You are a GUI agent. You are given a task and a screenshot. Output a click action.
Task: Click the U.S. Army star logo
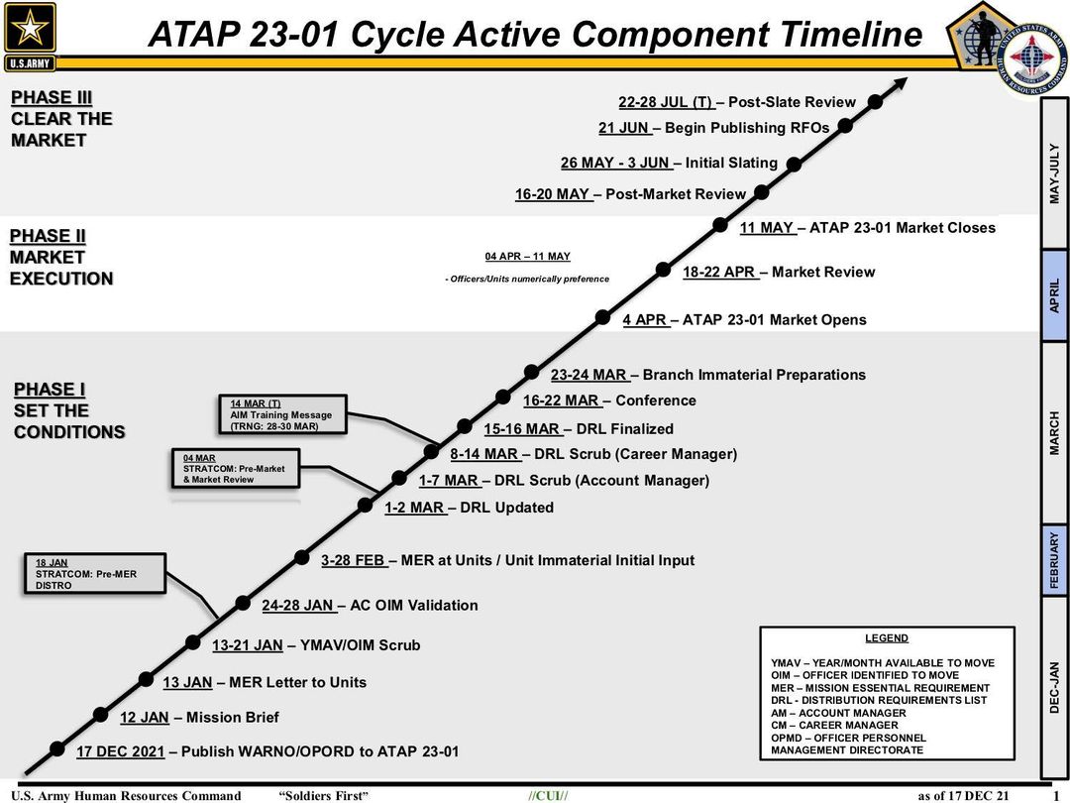pos(30,37)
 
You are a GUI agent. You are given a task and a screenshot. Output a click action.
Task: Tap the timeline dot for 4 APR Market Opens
pos(602,317)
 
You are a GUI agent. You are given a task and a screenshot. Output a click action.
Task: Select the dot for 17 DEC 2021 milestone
pos(57,748)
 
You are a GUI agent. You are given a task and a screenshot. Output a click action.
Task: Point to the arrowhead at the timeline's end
pos(900,84)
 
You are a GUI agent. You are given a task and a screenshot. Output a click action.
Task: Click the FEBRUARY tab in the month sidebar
pos(1054,560)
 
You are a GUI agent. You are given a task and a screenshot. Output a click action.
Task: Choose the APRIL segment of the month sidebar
pos(1054,295)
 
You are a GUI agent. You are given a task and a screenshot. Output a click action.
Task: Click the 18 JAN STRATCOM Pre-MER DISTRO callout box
pos(94,574)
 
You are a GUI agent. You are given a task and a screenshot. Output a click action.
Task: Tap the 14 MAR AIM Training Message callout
pos(282,414)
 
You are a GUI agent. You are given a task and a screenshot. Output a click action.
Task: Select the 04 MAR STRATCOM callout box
pos(236,468)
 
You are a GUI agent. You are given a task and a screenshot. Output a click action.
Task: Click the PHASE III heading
pos(52,97)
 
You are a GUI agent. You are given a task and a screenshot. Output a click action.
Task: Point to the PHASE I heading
pos(50,390)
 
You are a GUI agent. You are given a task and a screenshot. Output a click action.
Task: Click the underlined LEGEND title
pos(887,637)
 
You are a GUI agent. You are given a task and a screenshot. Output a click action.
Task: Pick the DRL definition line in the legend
pos(879,700)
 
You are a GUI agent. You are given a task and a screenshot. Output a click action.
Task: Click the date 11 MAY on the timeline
pos(767,228)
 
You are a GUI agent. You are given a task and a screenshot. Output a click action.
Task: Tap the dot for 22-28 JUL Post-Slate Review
pos(876,102)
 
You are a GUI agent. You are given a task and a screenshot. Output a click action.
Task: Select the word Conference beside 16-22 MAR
pos(656,401)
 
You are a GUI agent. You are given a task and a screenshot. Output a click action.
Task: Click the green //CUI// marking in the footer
pos(547,795)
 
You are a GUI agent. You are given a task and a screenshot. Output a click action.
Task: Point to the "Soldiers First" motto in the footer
pos(323,795)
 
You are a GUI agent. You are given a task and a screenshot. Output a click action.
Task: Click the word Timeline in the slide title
pos(851,34)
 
